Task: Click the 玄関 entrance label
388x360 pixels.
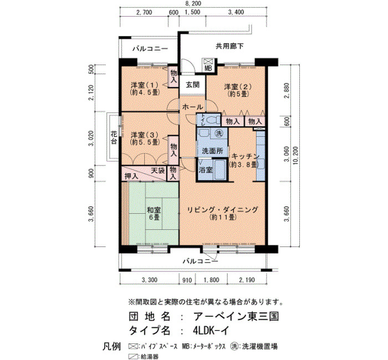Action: (192, 85)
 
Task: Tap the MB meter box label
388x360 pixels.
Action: (208, 69)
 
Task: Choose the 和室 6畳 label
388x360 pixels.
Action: (154, 214)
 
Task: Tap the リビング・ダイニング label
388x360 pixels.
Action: (222, 210)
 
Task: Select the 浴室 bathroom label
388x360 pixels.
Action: (206, 170)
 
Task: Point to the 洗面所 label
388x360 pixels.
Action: (212, 151)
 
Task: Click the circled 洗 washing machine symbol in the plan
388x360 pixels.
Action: (219, 133)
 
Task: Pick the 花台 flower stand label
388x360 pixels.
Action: (114, 138)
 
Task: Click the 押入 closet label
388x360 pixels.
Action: (131, 176)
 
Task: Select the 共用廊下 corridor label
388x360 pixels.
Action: (229, 46)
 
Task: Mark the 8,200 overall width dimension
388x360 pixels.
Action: (193, 3)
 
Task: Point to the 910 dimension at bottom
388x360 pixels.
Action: (187, 280)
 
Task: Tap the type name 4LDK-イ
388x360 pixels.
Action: (210, 331)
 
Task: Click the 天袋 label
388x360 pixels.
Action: (158, 171)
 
